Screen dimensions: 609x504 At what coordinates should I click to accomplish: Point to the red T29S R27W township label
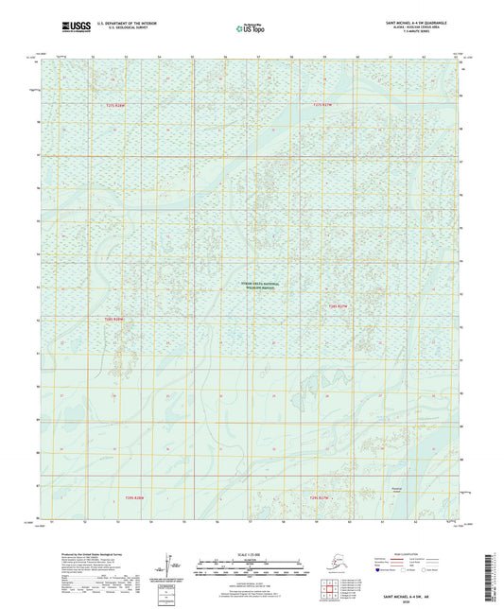point(319,496)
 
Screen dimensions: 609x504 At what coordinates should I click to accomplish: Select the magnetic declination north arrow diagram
point(168,560)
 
